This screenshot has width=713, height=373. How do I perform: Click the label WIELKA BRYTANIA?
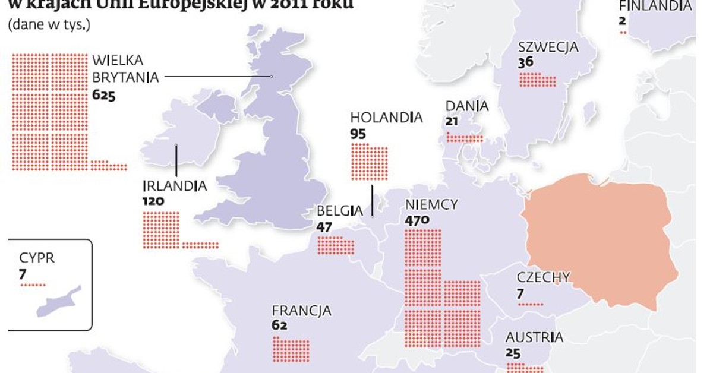tap(125, 69)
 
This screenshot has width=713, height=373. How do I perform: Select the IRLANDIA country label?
tap(175, 186)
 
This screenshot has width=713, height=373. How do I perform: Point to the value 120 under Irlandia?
tap(153, 201)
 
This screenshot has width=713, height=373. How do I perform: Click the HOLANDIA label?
tap(386, 118)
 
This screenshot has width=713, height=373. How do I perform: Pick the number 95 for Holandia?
tap(358, 134)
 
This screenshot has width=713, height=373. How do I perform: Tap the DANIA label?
tap(467, 106)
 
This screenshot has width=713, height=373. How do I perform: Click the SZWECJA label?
tap(548, 48)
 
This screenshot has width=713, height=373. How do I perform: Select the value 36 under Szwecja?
tap(525, 62)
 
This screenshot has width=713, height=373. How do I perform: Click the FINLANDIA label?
tap(655, 6)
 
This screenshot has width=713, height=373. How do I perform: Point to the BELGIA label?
tap(339, 210)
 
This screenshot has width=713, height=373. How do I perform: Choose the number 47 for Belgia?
tap(324, 226)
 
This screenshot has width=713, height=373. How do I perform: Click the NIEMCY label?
tap(431, 205)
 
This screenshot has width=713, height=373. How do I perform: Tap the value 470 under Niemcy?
tap(417, 220)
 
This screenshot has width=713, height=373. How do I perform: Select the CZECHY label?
tap(543, 277)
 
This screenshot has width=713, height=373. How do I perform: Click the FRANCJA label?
tap(301, 311)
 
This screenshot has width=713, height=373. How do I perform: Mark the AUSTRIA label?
tap(534, 337)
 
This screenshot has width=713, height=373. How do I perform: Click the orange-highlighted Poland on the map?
tap(600, 238)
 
